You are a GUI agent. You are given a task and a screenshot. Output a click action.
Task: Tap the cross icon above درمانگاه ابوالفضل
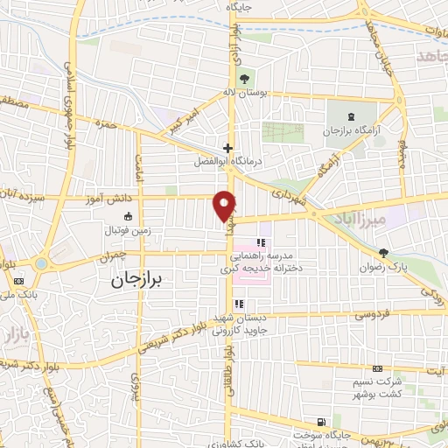pos(227,149)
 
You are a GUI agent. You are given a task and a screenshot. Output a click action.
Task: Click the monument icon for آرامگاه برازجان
pos(351,116)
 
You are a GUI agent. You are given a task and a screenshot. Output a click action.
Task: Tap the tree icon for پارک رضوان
pos(383,252)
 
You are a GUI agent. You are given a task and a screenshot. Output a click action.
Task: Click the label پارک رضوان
pos(382,266)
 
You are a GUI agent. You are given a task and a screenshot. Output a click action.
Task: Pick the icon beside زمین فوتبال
pos(128,217)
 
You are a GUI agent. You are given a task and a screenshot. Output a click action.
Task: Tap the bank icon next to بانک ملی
pos(18,281)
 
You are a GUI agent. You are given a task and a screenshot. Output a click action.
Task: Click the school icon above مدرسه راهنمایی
pos(260,242)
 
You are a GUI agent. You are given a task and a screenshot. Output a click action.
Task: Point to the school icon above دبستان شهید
pos(239,304)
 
